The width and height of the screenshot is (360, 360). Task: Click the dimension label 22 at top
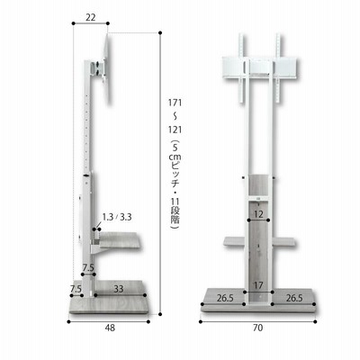(90, 17)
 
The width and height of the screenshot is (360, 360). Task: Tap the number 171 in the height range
(175, 103)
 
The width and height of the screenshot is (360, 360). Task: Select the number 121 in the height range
(175, 130)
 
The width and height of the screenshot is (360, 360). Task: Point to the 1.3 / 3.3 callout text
(117, 217)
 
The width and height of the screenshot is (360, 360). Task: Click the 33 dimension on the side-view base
(119, 289)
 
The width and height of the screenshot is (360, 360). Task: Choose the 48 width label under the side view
(110, 328)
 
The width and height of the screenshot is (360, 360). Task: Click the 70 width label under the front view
(257, 328)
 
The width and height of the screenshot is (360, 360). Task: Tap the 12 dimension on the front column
(258, 214)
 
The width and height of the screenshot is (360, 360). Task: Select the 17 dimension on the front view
(258, 285)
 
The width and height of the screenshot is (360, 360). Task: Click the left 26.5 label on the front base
(225, 298)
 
